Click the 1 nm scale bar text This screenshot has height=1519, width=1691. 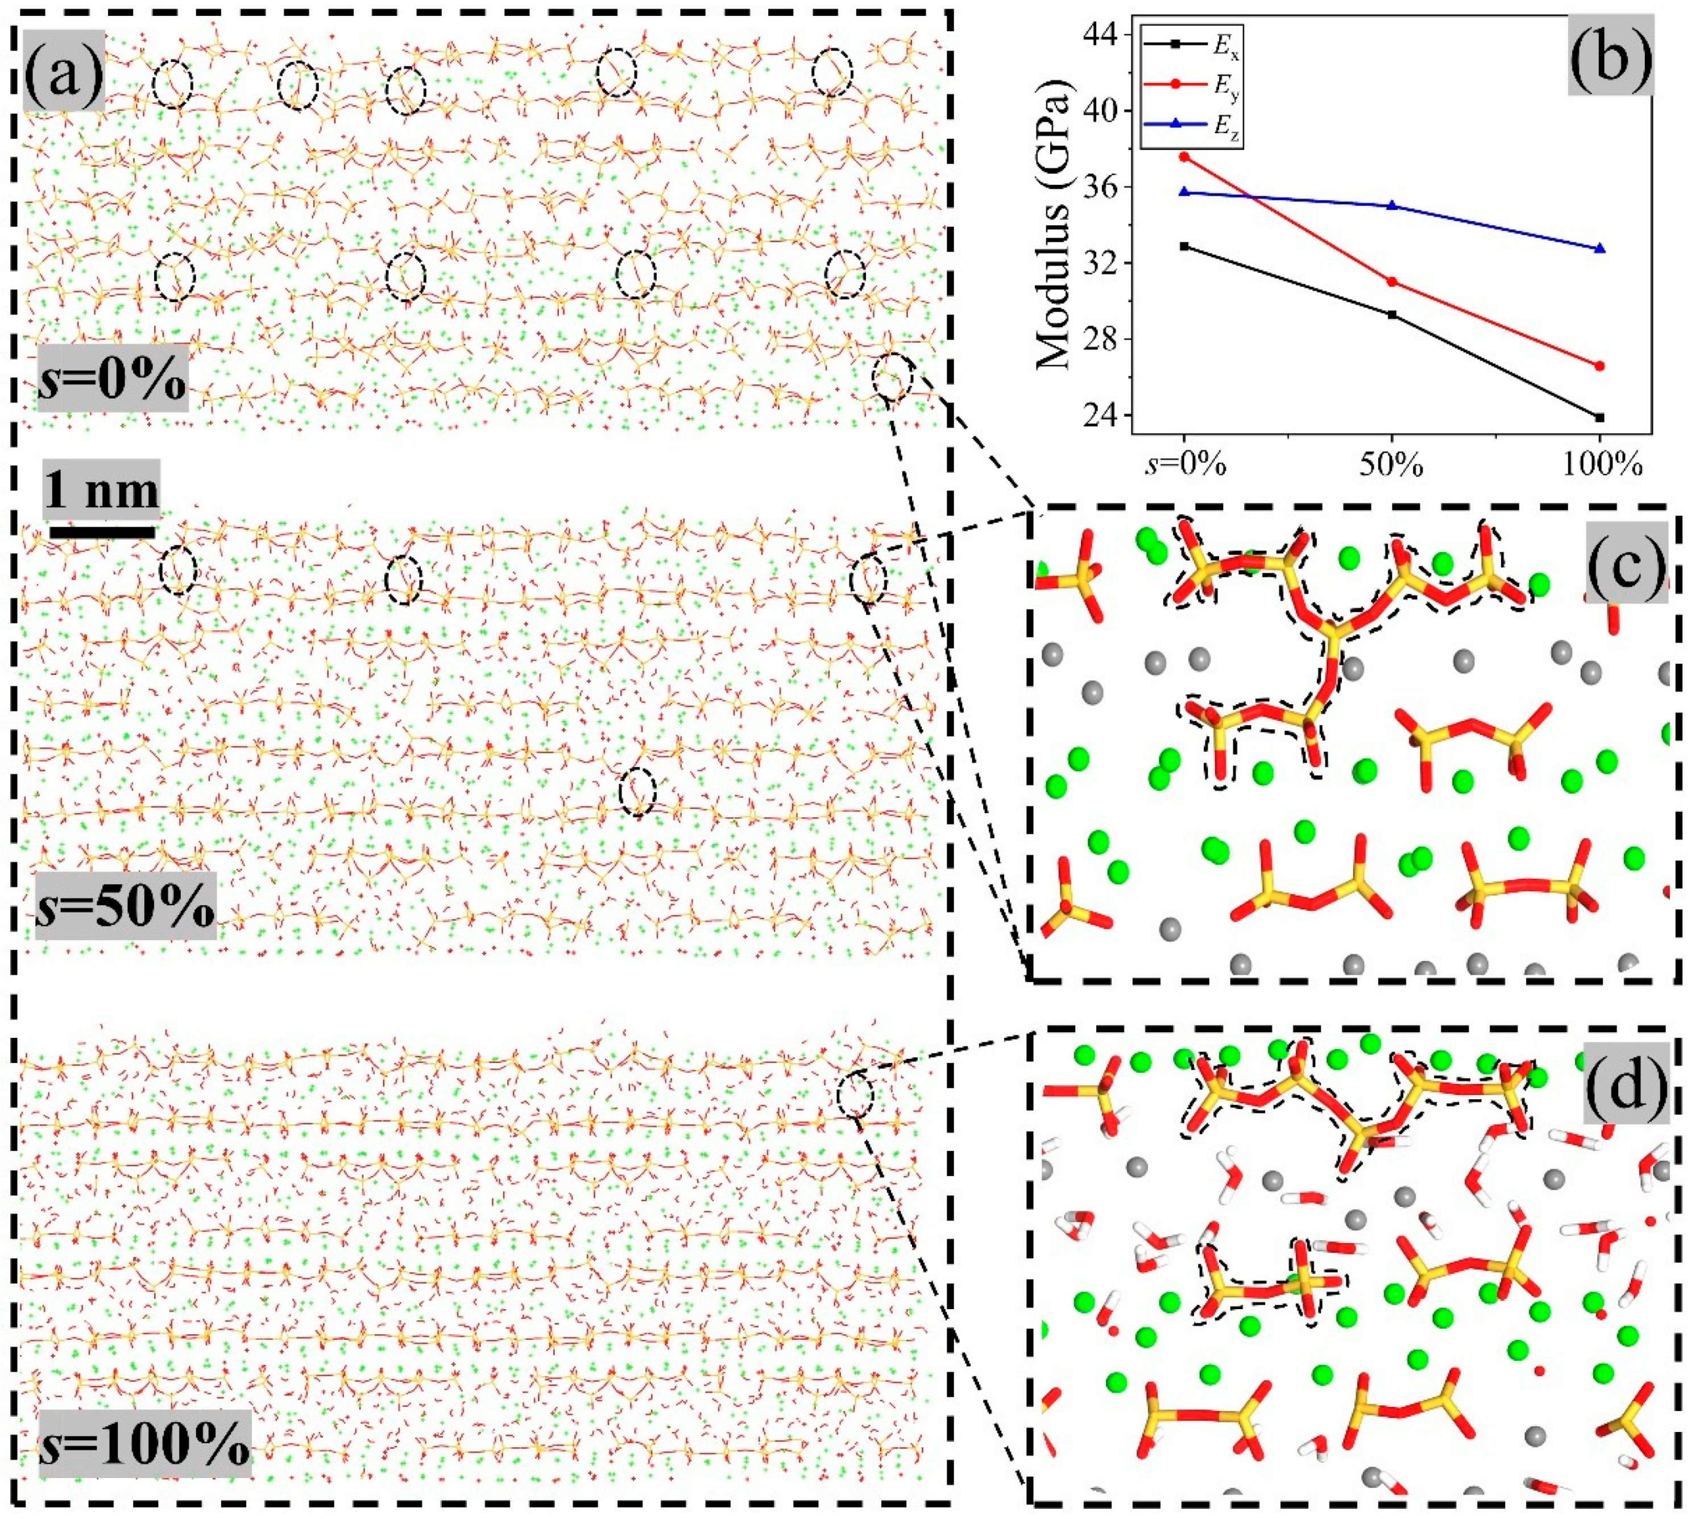101,490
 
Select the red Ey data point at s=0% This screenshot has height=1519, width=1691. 1184,157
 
